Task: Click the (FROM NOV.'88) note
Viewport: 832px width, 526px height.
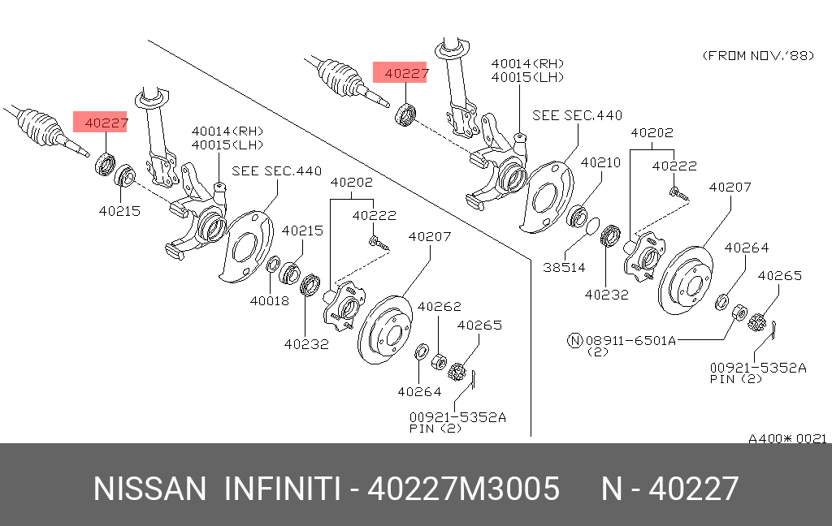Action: point(758,55)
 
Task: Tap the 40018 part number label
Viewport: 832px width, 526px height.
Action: point(270,300)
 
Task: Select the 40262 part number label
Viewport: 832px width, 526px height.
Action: point(439,307)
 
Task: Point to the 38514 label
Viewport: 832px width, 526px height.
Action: point(564,267)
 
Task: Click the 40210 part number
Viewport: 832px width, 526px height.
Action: point(600,162)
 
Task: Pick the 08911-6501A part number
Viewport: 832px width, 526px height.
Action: point(630,340)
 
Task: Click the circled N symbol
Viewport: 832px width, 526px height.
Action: point(575,340)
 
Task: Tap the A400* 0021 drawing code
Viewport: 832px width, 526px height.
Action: point(787,438)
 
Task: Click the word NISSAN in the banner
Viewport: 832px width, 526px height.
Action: point(149,489)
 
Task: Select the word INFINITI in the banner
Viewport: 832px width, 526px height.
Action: point(282,489)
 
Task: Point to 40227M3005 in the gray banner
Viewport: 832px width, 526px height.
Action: point(464,489)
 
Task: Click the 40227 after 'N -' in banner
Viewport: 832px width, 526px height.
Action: point(694,489)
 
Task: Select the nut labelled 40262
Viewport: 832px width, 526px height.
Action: point(439,362)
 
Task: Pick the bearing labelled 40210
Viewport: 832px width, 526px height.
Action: point(577,217)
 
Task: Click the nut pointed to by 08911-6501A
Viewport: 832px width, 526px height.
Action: point(739,313)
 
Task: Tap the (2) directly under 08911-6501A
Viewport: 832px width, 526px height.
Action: point(598,352)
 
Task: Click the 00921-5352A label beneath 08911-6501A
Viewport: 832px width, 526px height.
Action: point(758,368)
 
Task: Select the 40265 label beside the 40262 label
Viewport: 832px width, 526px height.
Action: point(479,325)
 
